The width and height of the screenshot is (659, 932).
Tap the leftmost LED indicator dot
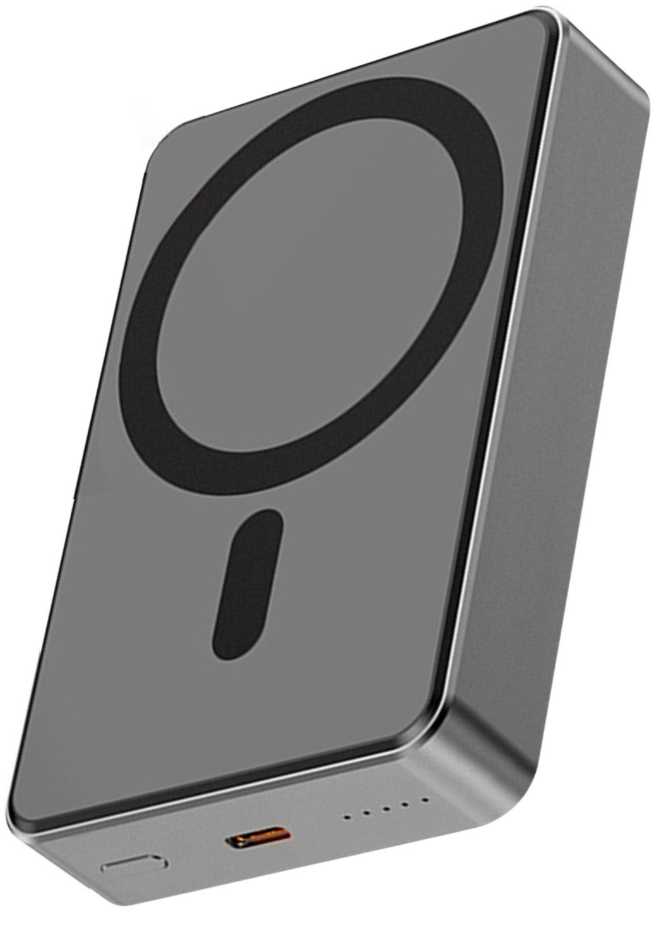coord(345,818)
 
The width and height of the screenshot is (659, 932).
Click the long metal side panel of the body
coord(568,410)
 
